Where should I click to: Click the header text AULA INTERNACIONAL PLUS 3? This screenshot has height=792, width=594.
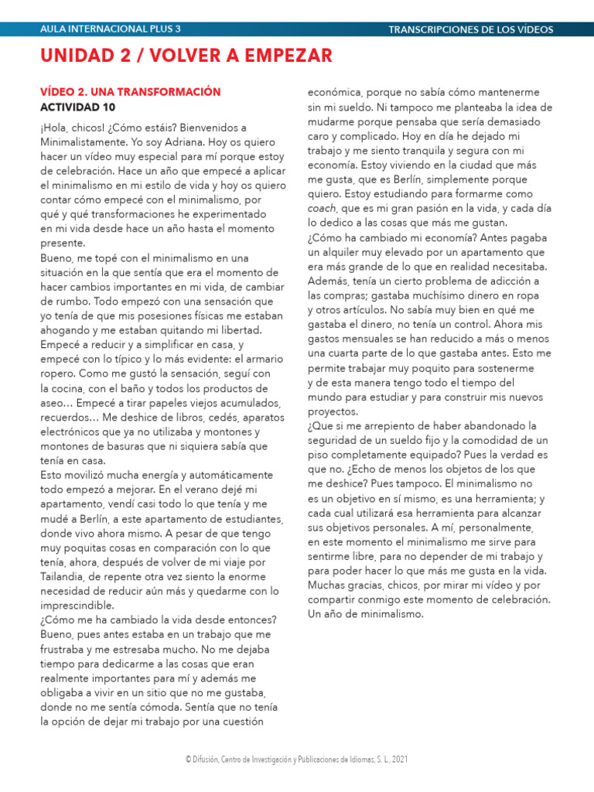(x=110, y=29)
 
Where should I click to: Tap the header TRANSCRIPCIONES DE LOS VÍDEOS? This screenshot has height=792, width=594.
(x=470, y=29)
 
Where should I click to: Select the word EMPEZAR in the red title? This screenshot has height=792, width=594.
(x=287, y=56)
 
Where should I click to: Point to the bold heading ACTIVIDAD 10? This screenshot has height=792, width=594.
(x=77, y=107)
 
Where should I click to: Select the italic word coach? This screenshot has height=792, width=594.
(x=322, y=208)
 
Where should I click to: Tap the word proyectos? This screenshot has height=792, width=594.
(x=333, y=411)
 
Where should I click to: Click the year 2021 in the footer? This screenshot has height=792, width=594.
(x=399, y=760)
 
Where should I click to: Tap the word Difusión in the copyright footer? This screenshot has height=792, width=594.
(x=209, y=760)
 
